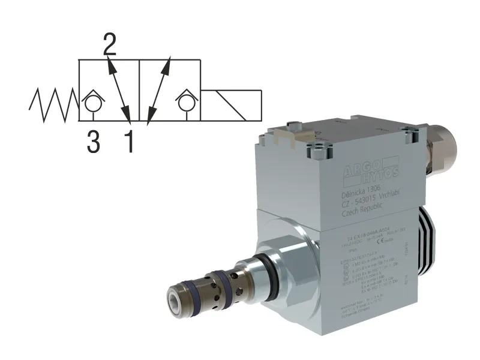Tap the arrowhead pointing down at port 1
[x=125, y=114]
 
